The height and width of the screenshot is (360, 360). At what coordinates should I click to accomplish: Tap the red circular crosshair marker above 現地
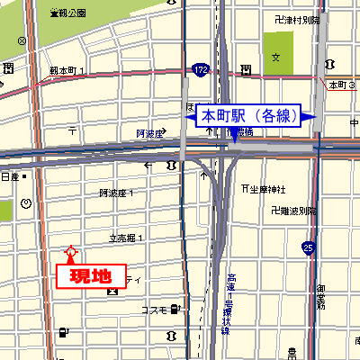71,253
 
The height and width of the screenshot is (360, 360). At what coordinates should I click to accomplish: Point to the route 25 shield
309,247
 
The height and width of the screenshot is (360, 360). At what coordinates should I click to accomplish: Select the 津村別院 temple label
296,19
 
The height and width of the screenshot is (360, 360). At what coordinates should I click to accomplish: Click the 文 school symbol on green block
276,57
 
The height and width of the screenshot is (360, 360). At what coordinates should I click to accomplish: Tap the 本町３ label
343,85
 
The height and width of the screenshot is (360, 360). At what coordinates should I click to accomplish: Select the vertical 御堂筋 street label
321,297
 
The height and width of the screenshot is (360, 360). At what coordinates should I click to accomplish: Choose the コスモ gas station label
154,310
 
